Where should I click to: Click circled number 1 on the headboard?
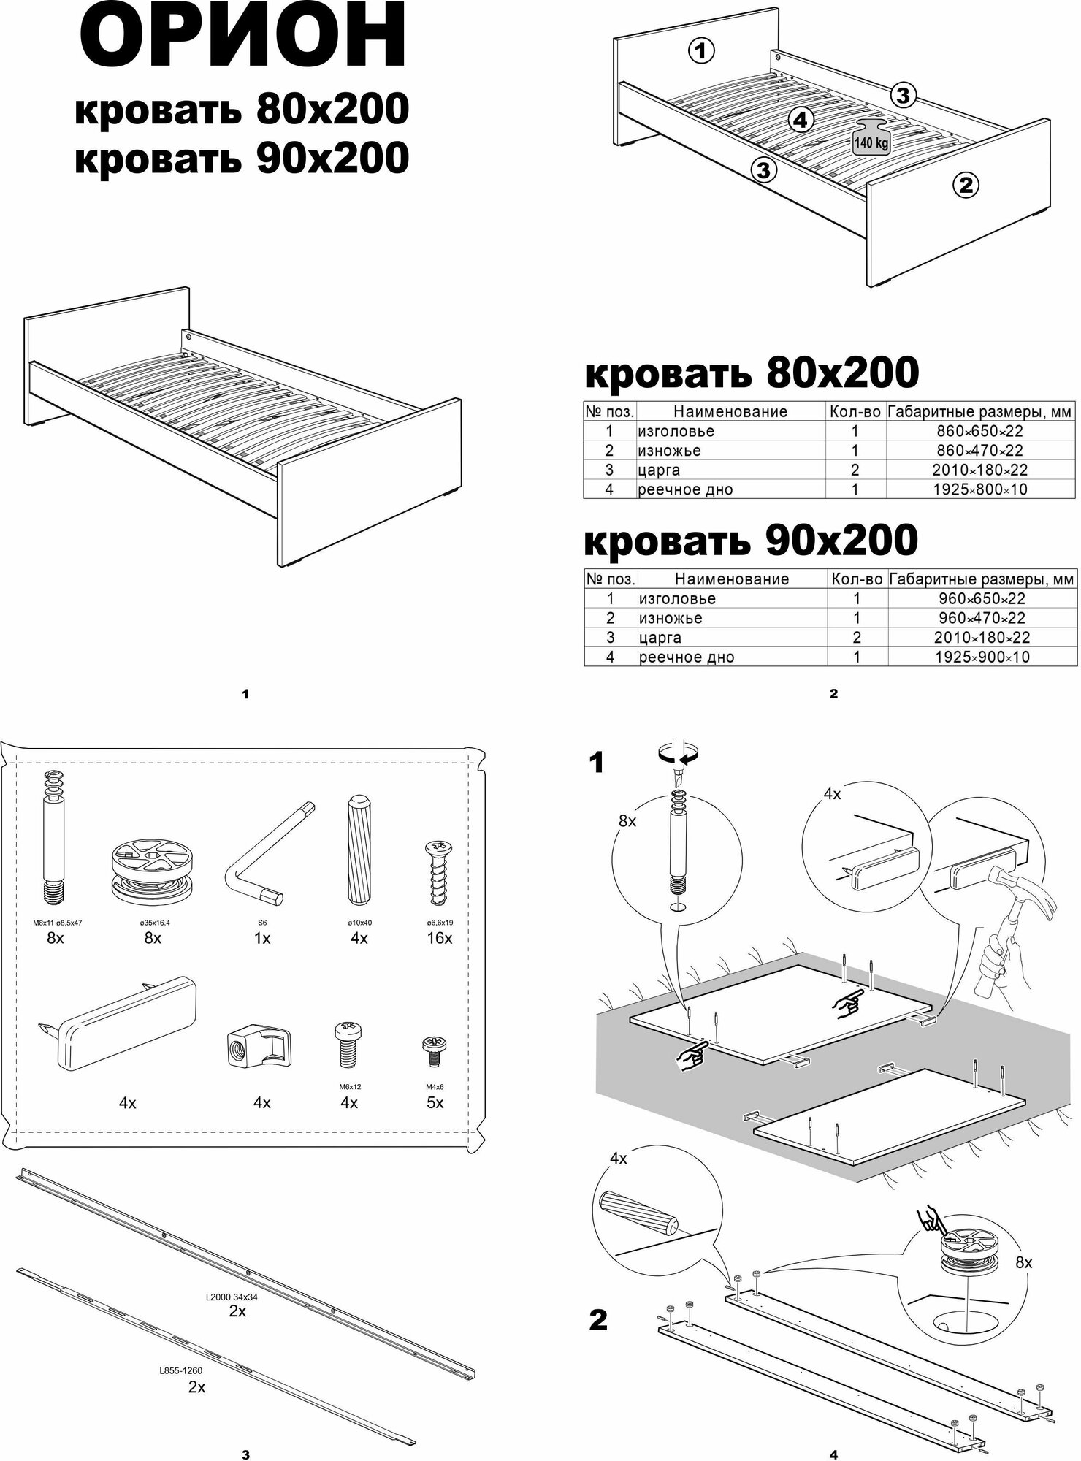700,51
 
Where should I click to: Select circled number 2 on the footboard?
965,186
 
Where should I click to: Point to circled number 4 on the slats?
801,120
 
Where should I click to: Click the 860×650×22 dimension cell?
979,431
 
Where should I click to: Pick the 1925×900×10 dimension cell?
982,657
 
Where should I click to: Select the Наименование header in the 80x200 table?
730,411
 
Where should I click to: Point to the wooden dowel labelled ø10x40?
358,850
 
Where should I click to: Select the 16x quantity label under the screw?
439,938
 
